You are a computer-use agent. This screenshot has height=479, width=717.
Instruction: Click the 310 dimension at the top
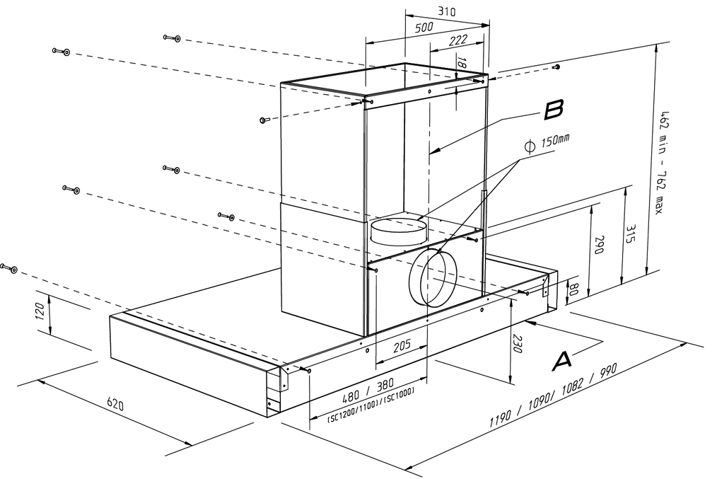[446, 12]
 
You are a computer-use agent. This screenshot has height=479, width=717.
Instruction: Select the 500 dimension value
[424, 28]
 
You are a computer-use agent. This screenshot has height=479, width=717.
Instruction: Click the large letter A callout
[561, 360]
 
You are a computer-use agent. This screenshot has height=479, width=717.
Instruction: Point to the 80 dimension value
[574, 290]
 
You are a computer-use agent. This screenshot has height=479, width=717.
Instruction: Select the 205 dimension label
[401, 347]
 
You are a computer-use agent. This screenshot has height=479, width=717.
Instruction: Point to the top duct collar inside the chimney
[397, 229]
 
